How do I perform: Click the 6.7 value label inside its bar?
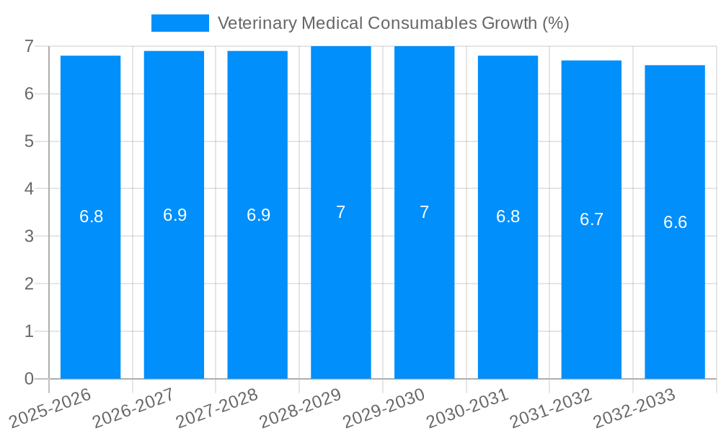click(x=591, y=219)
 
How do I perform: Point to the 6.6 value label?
click(x=675, y=222)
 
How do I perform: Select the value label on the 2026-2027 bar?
click(x=174, y=215)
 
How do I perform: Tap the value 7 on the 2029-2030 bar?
click(x=424, y=212)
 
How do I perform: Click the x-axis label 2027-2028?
click(x=217, y=408)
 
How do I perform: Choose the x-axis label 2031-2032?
click(x=551, y=408)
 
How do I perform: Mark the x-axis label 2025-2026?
click(x=50, y=408)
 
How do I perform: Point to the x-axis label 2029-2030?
click(x=384, y=408)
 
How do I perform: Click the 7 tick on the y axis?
click(x=29, y=46)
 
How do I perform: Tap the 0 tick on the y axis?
click(x=29, y=379)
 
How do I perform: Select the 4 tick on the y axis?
click(x=29, y=189)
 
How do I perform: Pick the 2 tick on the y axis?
click(x=29, y=284)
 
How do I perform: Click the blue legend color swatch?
click(x=180, y=23)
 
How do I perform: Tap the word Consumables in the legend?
click(x=412, y=23)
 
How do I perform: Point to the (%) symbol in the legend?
click(x=555, y=23)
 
